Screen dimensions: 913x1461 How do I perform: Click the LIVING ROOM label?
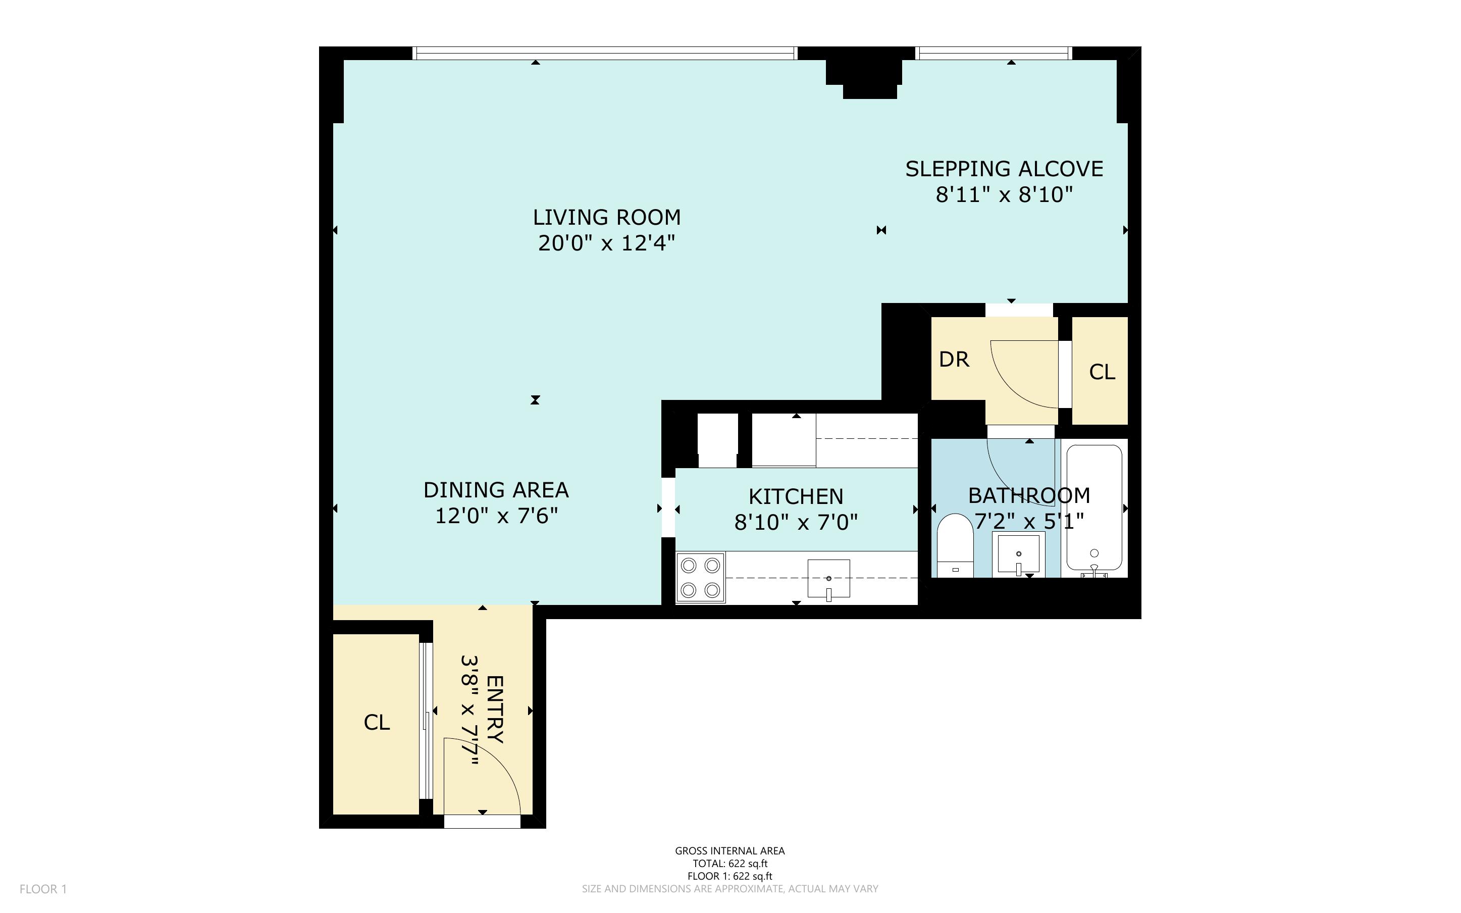[x=606, y=217]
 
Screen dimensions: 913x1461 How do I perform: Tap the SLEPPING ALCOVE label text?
[x=1004, y=169]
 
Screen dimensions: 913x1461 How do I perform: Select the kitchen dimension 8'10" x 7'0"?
[x=796, y=522]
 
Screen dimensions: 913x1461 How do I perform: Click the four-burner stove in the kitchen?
[x=700, y=577]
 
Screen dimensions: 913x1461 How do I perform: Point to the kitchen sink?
[x=828, y=579]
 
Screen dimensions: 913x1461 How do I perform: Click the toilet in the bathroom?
[x=955, y=546]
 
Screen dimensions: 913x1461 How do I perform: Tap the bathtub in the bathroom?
[x=1093, y=507]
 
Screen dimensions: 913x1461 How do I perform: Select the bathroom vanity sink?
[x=1018, y=552]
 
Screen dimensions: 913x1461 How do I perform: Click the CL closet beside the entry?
[x=377, y=722]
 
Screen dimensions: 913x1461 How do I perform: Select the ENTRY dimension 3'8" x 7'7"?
[x=469, y=710]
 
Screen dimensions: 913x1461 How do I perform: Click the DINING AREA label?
[x=495, y=490]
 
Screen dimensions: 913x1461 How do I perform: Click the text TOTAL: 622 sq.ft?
[x=729, y=864]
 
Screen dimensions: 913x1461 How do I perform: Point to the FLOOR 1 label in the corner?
[x=43, y=889]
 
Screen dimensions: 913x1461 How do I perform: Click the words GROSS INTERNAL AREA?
[x=729, y=851]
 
